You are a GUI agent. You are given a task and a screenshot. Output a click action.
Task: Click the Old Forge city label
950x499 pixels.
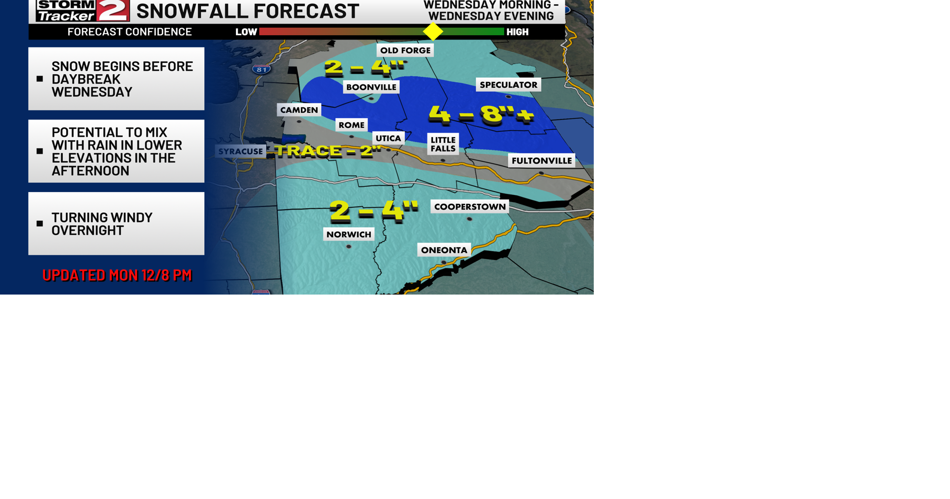pos(405,50)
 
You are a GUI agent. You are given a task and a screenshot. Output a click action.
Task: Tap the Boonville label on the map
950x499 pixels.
pos(371,87)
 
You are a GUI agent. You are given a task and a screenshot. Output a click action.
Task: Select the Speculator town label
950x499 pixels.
pos(508,85)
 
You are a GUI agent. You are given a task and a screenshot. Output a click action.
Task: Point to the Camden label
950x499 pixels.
pos(299,110)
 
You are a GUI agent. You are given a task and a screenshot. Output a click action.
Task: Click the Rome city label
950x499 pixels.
pos(351,125)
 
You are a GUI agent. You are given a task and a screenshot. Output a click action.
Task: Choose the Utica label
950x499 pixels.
pos(388,138)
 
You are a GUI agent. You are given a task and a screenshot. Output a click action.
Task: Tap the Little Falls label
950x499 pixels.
pos(443,144)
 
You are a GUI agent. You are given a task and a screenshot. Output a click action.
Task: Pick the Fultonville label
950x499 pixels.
pos(541,161)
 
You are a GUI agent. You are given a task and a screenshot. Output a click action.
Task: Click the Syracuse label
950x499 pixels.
pos(240,151)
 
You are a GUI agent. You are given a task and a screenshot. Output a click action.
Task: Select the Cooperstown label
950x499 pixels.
pos(470,207)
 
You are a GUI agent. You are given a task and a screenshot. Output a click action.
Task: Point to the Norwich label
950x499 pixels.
pos(348,235)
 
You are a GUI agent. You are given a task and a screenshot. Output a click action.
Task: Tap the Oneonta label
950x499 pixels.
pos(444,250)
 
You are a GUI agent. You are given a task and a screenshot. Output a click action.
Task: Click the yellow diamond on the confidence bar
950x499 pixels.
pos(433,32)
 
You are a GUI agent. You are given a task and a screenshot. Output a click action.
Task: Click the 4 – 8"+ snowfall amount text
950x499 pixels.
pos(481,114)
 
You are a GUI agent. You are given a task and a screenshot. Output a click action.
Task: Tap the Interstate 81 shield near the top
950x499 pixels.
pos(261,69)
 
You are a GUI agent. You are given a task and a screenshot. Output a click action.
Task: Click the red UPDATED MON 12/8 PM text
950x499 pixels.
pos(117,275)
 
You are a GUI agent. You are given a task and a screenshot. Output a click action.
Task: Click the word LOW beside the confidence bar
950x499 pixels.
pos(246,32)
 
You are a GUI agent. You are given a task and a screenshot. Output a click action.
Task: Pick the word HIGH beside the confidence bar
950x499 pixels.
pos(517,32)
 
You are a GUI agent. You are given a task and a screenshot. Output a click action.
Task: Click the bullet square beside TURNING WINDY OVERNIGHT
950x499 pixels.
pos(40,224)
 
